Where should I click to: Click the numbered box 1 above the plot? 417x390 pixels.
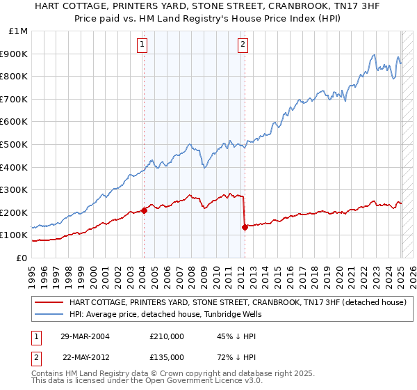142,45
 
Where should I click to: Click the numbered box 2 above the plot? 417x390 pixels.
243,45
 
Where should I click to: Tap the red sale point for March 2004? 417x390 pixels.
144,210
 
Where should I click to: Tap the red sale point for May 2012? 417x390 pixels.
245,227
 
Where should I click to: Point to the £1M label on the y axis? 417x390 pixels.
19,31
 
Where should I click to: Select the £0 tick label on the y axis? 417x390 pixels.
22,258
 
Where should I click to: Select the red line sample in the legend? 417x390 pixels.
49,302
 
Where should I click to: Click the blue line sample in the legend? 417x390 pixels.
49,313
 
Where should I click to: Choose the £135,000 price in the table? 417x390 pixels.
166,357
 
